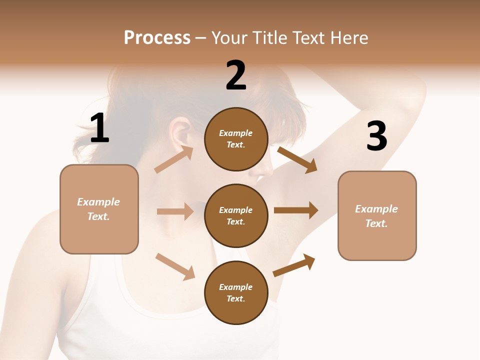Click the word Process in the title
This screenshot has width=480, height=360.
[157, 38]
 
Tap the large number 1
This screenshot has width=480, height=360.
[99, 128]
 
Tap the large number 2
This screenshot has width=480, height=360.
[236, 76]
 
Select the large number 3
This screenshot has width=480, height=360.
[376, 136]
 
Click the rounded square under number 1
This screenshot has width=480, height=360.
[99, 209]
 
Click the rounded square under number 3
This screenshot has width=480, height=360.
[377, 215]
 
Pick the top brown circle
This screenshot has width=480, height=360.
[236, 139]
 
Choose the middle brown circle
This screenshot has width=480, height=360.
[236, 215]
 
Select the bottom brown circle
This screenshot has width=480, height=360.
[236, 292]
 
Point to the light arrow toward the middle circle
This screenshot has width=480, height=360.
[175, 211]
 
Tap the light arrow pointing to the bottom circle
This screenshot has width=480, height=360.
[175, 266]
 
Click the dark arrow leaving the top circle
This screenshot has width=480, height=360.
[297, 159]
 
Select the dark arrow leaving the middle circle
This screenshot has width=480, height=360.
[296, 210]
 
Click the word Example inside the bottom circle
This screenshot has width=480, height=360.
[236, 287]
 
